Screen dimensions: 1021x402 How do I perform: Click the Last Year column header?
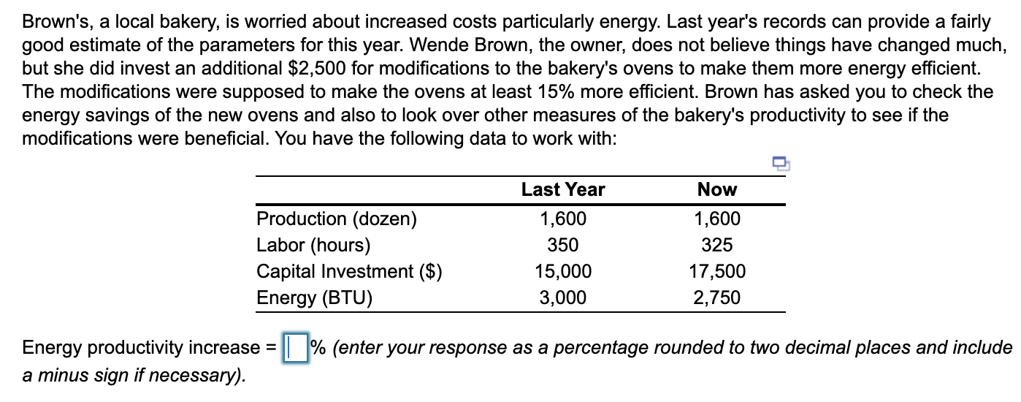562,190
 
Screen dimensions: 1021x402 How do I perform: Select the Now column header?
717,190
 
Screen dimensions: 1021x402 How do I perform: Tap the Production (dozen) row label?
336,219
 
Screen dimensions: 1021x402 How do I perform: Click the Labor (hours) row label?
313,245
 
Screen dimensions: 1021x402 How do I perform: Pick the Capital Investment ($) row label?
349,271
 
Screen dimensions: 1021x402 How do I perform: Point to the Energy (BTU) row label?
314,297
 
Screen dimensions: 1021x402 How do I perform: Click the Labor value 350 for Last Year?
562,245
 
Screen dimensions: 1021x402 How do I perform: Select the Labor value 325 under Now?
717,245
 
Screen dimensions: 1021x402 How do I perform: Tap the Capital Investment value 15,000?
562,271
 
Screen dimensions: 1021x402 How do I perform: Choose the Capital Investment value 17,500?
717,271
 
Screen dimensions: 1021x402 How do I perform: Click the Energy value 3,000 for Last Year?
562,297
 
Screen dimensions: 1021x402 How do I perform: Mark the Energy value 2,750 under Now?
717,297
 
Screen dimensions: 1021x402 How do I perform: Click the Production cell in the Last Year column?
562,219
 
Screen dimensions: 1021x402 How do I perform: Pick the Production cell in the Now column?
717,219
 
